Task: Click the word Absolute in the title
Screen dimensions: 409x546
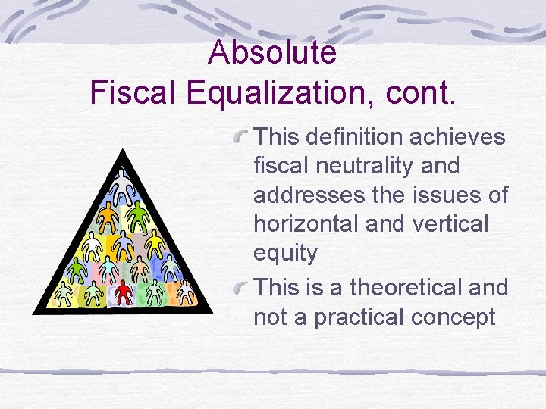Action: (272, 53)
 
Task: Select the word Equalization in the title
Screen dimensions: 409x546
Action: (265, 92)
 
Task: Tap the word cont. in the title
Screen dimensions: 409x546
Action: (421, 92)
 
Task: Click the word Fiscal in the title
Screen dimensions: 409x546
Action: (131, 92)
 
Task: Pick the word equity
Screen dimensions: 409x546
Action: (285, 253)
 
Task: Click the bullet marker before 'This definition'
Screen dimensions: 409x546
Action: (242, 137)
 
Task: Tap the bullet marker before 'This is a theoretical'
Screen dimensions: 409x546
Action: (242, 289)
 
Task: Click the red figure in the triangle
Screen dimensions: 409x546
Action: (124, 292)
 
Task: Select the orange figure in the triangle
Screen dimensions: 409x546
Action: (110, 217)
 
